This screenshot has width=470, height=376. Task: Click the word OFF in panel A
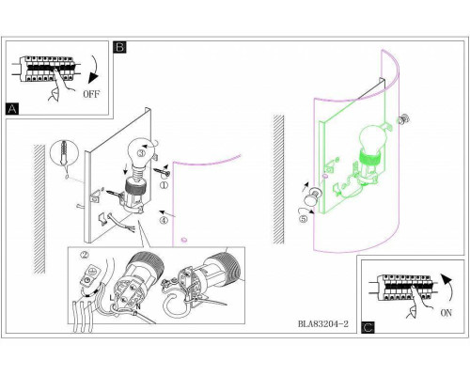(x=91, y=94)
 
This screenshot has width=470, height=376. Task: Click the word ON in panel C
(x=446, y=312)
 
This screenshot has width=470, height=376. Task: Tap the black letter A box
(x=12, y=109)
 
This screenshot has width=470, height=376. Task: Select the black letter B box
(x=119, y=47)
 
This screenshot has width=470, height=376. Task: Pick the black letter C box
(x=368, y=327)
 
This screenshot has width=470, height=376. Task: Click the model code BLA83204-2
(x=323, y=323)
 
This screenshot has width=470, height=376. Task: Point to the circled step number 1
(x=164, y=185)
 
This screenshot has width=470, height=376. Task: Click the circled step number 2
(x=85, y=256)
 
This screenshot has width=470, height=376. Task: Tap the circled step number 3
(x=141, y=153)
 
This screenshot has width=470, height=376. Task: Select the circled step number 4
(x=164, y=220)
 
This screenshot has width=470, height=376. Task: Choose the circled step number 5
(x=303, y=219)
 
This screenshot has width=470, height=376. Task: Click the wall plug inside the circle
(x=64, y=152)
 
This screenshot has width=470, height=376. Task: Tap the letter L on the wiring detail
(x=112, y=298)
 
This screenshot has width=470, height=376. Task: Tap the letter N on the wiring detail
(x=138, y=306)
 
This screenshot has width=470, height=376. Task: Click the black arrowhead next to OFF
(x=93, y=78)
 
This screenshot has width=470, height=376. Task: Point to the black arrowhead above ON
(x=446, y=278)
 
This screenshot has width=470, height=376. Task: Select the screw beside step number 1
(x=162, y=171)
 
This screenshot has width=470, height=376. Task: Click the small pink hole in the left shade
(x=184, y=241)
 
